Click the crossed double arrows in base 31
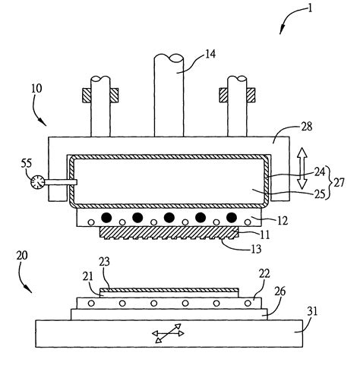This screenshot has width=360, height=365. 168,333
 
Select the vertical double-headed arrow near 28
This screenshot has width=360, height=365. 300,168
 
